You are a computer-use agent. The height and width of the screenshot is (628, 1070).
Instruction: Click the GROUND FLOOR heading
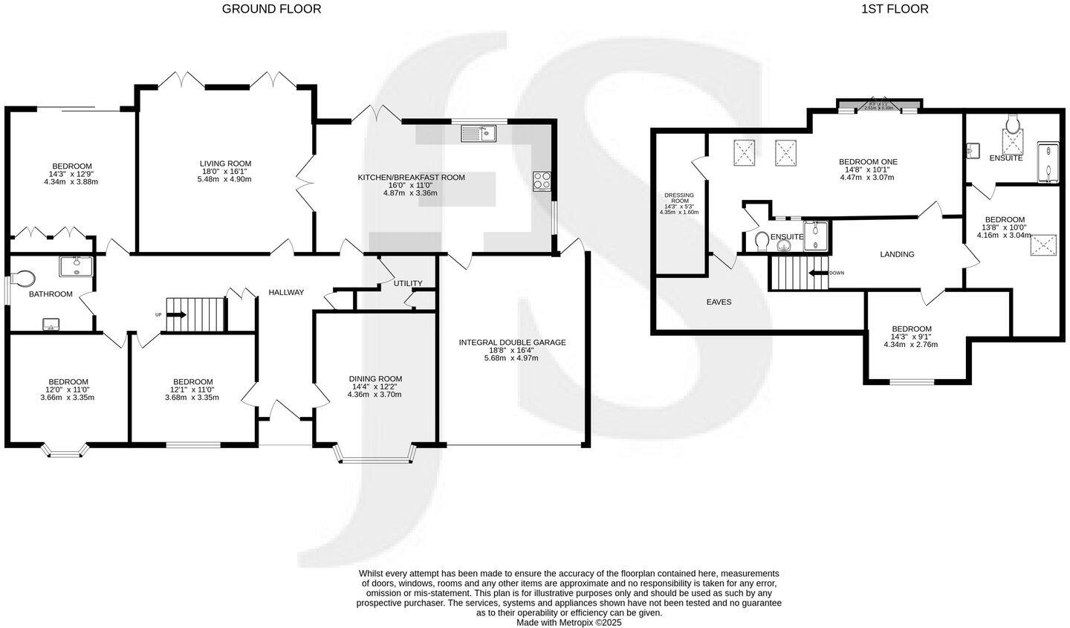pos(272,9)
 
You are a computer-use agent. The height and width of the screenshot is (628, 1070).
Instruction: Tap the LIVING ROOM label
pos(225,164)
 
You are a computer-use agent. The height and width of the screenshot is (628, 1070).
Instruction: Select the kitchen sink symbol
pos(478,134)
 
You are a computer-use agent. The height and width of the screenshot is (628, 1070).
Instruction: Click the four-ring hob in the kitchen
pos(542,181)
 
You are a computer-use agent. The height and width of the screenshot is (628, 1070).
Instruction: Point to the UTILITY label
pos(408,283)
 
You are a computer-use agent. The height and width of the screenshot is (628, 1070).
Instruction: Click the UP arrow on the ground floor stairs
pos(177,315)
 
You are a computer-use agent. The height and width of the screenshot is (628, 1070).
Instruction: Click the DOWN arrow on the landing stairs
pos(818,273)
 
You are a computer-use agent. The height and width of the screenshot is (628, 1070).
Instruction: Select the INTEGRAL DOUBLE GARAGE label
pos(512,343)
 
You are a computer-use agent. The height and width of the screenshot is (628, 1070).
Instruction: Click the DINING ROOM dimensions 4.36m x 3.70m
pos(374,395)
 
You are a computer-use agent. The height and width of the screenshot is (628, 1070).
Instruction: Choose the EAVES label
pos(719,302)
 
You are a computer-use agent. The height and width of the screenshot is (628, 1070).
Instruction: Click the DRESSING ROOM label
pos(679,198)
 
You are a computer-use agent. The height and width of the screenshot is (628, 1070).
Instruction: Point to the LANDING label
pos(897,254)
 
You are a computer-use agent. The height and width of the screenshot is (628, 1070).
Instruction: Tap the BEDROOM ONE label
pos(868,162)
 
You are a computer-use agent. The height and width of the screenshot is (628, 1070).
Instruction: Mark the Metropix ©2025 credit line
pos(568,623)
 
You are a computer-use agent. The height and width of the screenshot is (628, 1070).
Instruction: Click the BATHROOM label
pos(51,294)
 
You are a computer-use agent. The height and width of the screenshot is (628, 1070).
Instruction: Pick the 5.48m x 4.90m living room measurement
pos(225,179)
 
